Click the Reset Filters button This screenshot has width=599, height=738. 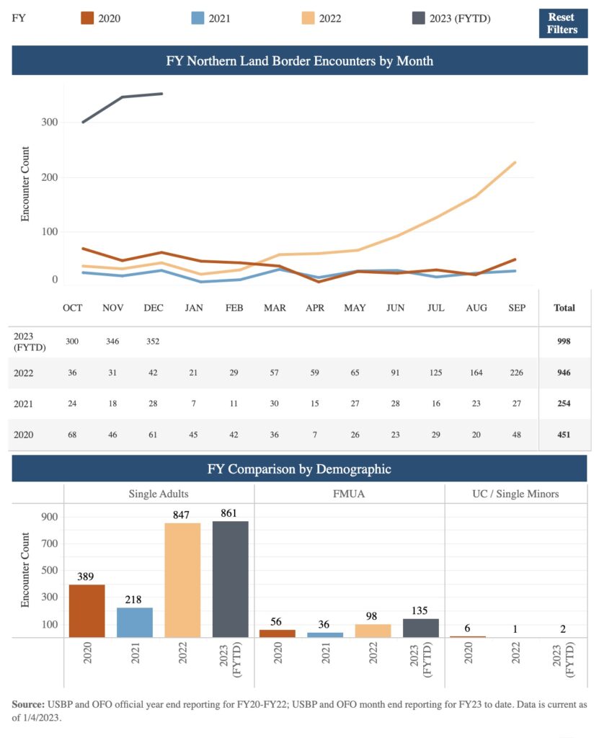point(562,23)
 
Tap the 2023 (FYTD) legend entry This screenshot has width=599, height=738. point(448,18)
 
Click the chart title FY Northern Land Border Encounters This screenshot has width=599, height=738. point(299,61)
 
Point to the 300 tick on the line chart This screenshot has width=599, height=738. point(48,123)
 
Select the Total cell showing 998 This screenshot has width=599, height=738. point(564,342)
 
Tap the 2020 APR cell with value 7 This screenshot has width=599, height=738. point(314,435)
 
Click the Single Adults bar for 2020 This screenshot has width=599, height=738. point(87,610)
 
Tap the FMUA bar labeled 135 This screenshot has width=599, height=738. point(421,628)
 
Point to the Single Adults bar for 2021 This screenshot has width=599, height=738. point(135,622)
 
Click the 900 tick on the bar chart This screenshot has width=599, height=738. point(48,517)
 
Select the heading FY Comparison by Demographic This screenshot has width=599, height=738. point(299,469)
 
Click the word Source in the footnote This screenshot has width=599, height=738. point(30,703)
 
